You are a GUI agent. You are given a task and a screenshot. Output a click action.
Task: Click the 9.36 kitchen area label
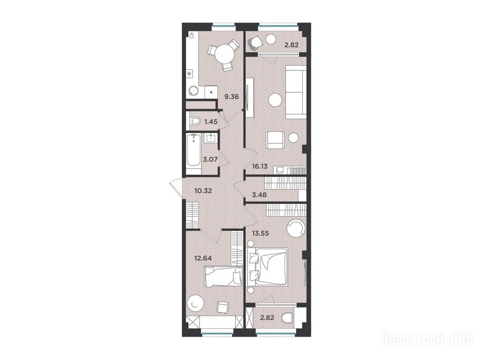pos(232,97)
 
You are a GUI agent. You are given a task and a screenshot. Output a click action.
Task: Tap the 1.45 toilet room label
pos(211,121)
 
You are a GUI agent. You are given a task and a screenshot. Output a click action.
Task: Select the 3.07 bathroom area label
pos(210,159)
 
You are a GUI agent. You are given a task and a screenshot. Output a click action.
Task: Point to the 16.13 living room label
pos(260,167)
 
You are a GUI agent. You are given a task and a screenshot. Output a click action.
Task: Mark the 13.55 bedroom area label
pos(260,233)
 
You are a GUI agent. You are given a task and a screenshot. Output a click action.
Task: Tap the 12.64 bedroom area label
pos(203,258)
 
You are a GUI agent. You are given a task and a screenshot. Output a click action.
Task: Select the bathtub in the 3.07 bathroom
pos(193,150)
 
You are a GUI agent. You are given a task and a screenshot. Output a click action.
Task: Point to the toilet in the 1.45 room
pos(195,122)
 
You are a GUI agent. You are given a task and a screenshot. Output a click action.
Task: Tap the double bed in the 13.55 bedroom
pos(267,267)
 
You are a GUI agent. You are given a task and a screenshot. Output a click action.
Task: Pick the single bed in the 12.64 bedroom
pos(223,277)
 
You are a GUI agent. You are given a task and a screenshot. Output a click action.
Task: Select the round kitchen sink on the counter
pos(193,90)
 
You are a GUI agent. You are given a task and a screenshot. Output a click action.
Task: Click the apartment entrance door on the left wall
pos(176,188)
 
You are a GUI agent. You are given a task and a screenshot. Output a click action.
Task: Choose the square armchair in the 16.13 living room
pos(276,140)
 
